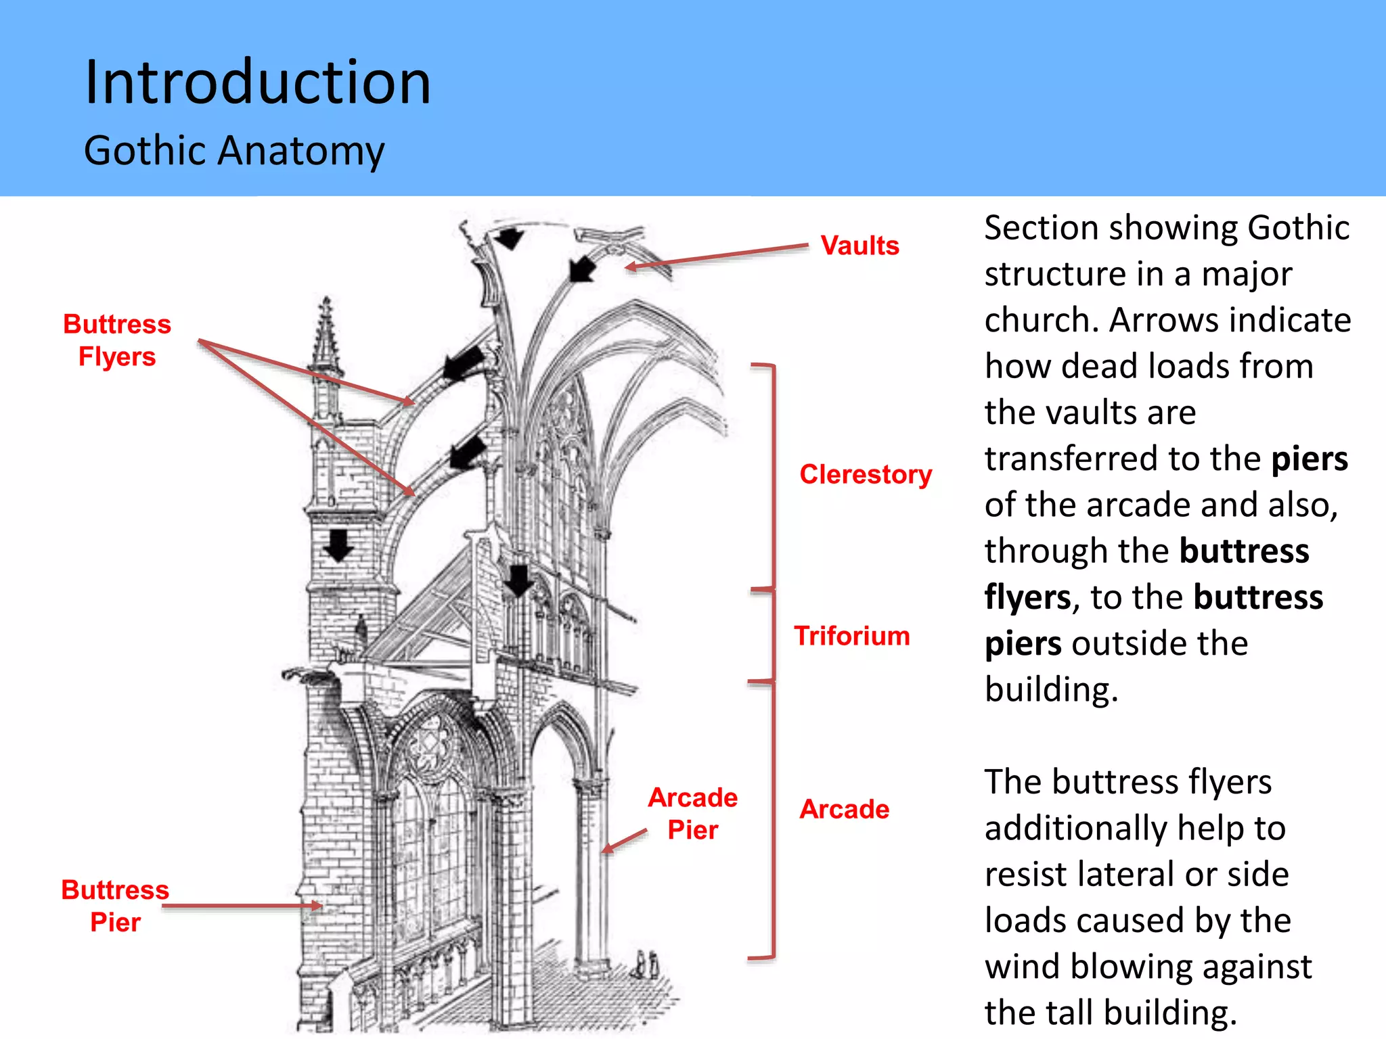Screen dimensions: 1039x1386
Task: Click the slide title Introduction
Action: pos(257,83)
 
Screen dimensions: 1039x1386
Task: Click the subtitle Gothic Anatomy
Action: pos(234,150)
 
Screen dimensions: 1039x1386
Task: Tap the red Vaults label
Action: pos(859,246)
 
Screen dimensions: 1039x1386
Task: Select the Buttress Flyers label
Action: pos(117,340)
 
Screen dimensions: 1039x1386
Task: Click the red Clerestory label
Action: pos(866,474)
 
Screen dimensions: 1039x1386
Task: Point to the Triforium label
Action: pos(852,636)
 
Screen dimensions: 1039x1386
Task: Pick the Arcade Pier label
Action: pos(693,813)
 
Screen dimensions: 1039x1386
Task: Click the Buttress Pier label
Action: pos(115,906)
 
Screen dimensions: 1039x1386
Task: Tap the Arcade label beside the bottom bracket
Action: pos(844,809)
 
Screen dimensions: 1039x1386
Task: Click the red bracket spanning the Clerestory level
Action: pos(773,477)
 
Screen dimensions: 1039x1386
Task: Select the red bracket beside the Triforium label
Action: pos(772,636)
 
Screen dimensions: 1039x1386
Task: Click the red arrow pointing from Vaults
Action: pos(717,256)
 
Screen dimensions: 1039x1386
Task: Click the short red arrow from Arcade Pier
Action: pos(624,841)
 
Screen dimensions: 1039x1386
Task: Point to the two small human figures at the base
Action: pos(646,964)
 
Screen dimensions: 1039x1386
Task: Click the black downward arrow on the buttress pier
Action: pos(338,545)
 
